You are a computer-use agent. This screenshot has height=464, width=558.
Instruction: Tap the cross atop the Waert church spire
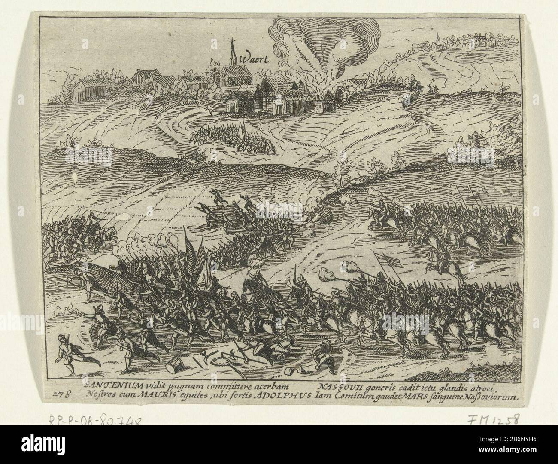tap(234, 42)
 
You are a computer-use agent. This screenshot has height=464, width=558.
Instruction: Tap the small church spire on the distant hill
tap(437, 36)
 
